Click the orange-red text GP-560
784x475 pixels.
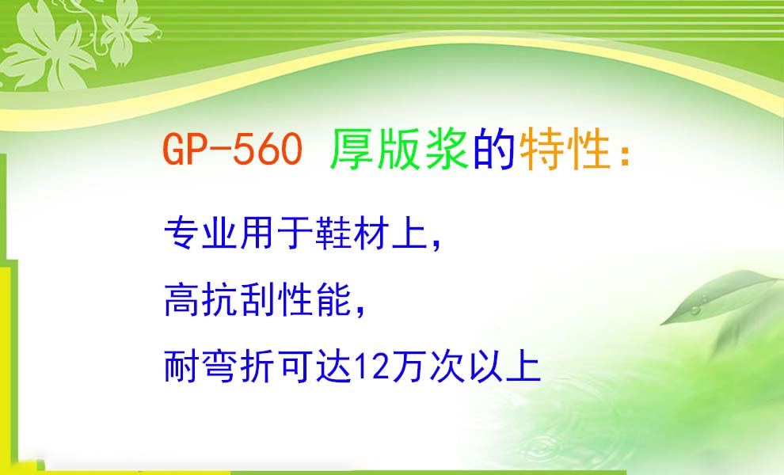coord(233,149)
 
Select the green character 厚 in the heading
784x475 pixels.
coord(352,149)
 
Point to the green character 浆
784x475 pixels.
coord(447,149)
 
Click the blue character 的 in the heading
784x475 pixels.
coord(494,149)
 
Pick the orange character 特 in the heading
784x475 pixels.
coord(542,149)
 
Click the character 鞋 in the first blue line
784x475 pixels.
coord(333,233)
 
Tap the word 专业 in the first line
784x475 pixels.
coord(200,233)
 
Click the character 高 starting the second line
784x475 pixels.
coord(182,300)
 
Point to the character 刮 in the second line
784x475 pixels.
coord(257,300)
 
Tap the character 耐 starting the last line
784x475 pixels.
coord(182,367)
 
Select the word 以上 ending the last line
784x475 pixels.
coord(504,367)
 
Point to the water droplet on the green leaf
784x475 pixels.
coord(695,310)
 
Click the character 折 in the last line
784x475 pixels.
coord(257,367)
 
